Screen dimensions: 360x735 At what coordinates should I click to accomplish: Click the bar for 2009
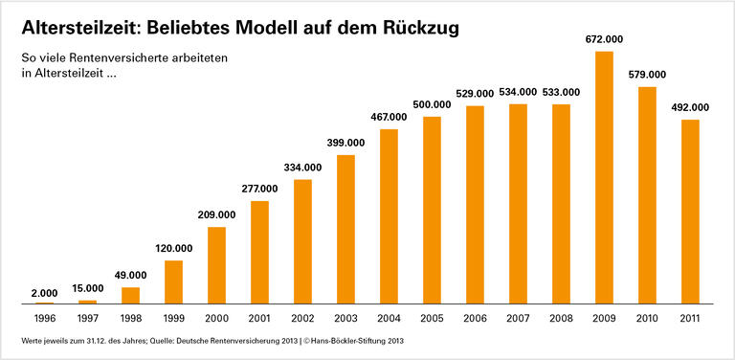click(x=604, y=177)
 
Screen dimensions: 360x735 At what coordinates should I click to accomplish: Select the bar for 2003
click(x=345, y=229)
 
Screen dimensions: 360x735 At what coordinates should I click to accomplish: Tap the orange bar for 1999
click(x=173, y=281)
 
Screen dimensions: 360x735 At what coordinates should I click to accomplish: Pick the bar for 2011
click(x=690, y=212)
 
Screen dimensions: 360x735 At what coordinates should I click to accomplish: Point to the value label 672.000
click(x=604, y=40)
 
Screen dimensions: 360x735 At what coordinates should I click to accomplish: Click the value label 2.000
click(x=44, y=292)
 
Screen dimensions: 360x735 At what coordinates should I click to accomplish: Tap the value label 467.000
click(x=389, y=117)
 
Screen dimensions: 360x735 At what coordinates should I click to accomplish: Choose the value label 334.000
click(x=302, y=168)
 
